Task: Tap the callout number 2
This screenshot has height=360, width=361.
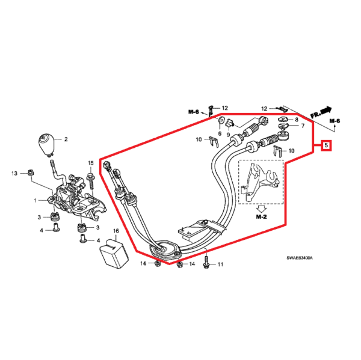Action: [x=66, y=139]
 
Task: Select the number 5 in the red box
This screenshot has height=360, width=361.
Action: [x=326, y=145]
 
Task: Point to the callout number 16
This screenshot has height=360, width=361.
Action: [x=116, y=231]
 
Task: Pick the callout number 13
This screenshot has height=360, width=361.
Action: [x=14, y=174]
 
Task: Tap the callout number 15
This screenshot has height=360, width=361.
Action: [x=91, y=163]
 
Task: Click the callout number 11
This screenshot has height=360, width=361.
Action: [x=220, y=264]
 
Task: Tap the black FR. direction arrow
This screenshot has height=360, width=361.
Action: [x=326, y=109]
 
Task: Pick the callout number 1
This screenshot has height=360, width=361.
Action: [x=35, y=200]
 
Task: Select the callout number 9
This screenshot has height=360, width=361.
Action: [x=229, y=133]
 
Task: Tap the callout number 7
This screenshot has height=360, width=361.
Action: [x=303, y=127]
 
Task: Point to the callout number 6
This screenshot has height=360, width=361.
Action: [x=220, y=133]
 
